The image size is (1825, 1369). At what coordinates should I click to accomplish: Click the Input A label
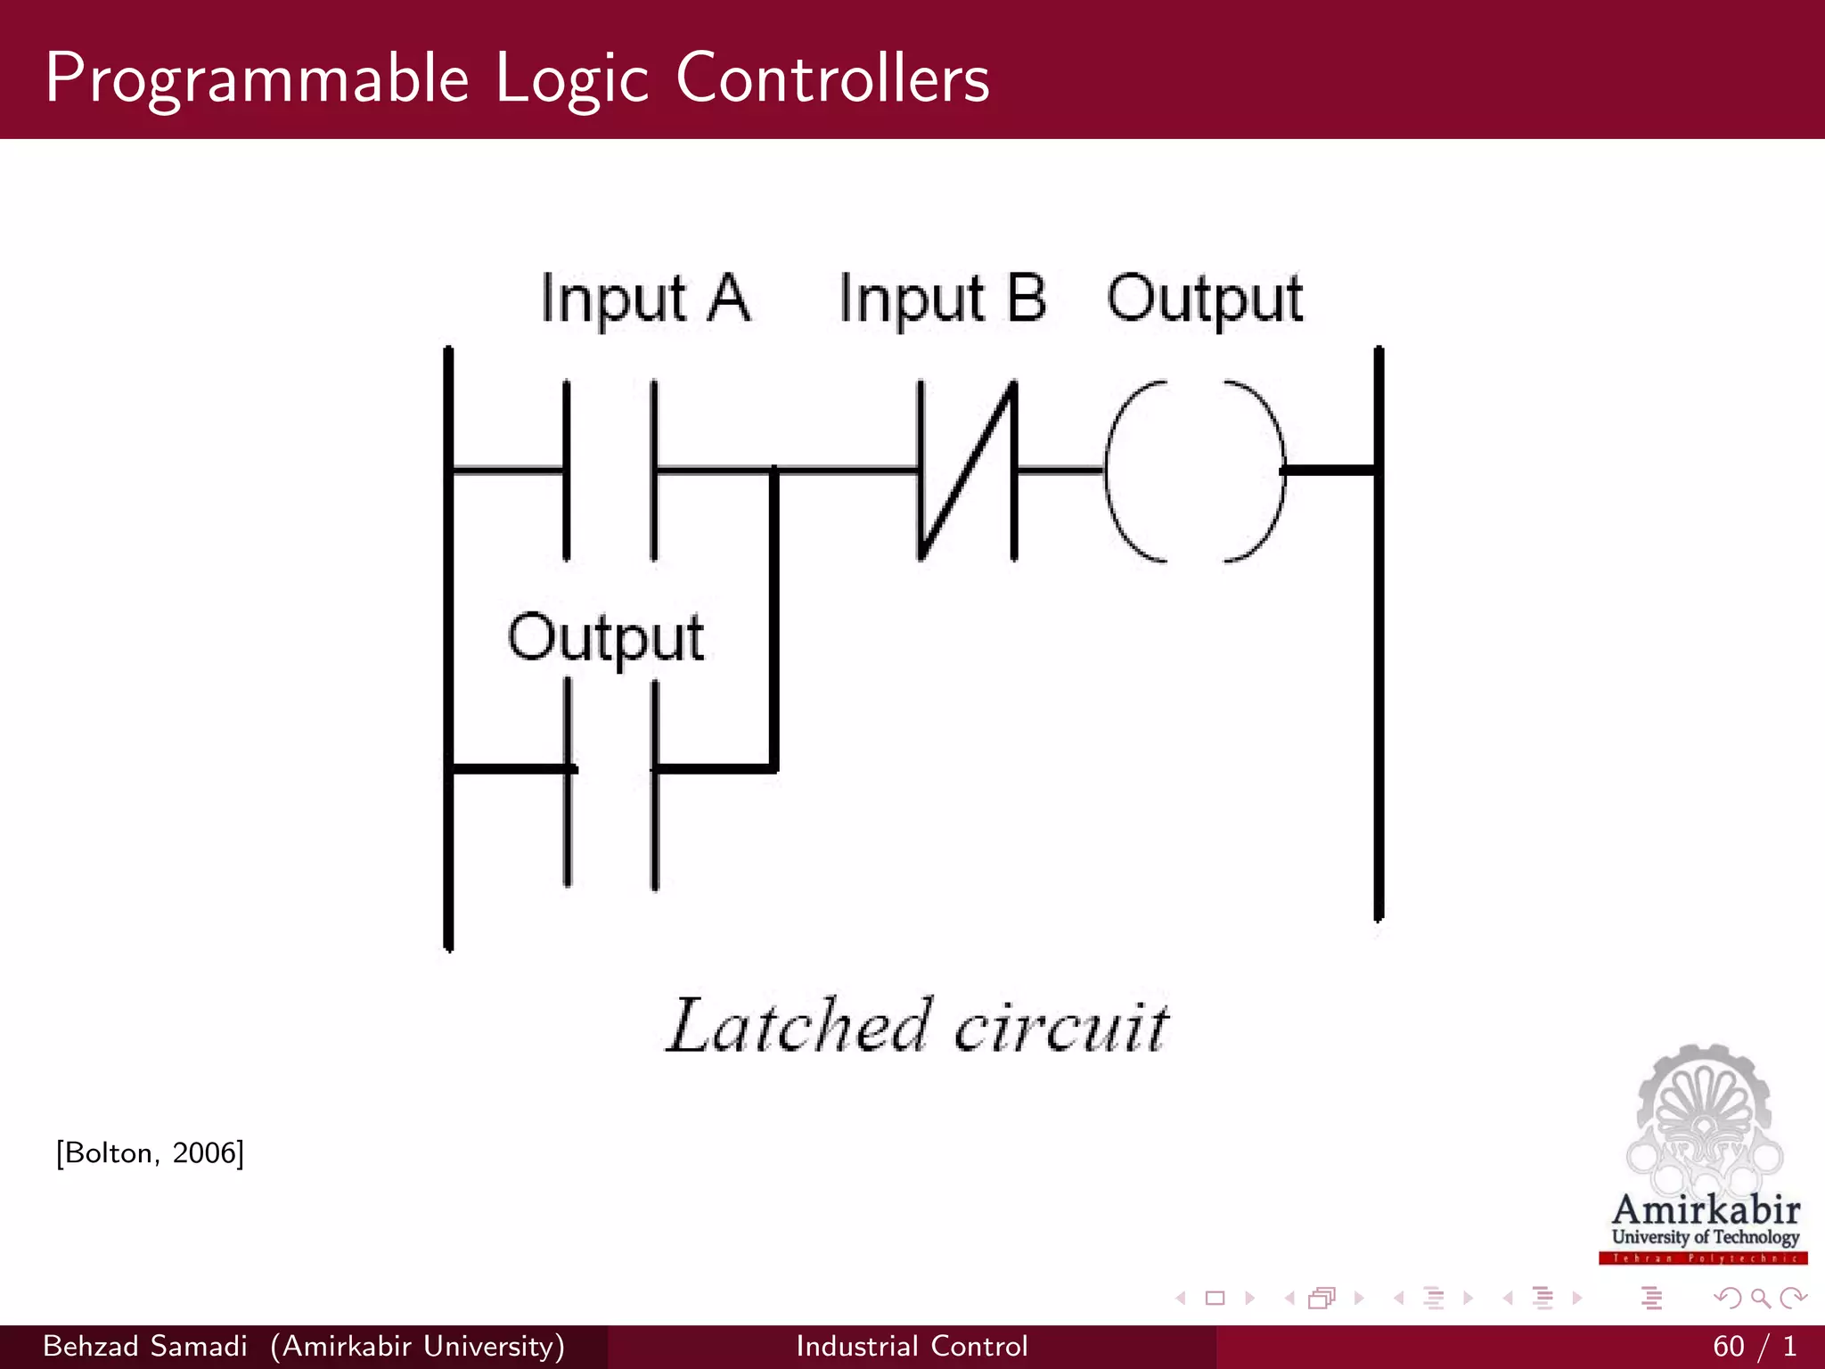click(x=645, y=299)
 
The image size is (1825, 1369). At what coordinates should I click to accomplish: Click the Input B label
click(x=942, y=299)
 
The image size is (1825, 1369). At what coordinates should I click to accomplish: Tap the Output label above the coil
click(x=1204, y=299)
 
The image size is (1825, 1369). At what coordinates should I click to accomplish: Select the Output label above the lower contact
click(x=605, y=638)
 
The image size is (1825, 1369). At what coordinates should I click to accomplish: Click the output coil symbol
click(x=1194, y=470)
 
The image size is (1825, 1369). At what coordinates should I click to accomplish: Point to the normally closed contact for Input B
click(x=967, y=470)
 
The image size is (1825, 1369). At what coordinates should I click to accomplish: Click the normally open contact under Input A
click(x=610, y=470)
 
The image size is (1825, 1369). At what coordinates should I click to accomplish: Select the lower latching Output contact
click(x=611, y=783)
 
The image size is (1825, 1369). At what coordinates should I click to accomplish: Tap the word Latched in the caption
click(x=798, y=1026)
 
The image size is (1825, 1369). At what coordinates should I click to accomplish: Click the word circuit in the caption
click(x=1060, y=1028)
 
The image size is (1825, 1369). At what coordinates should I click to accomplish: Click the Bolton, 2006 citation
click(x=150, y=1153)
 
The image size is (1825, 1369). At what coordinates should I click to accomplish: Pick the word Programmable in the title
click(x=257, y=78)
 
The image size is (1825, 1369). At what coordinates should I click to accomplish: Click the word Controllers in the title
click(x=832, y=78)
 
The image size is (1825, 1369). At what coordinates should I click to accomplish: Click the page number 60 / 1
click(x=1754, y=1346)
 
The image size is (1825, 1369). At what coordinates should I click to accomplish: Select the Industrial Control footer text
click(x=912, y=1346)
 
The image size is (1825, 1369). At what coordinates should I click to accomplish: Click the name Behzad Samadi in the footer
click(x=144, y=1346)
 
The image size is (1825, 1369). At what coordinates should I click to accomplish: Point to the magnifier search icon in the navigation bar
click(x=1760, y=1299)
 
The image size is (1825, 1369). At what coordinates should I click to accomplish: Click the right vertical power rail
click(x=1379, y=633)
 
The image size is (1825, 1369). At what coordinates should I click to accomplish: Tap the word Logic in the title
click(x=571, y=78)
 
